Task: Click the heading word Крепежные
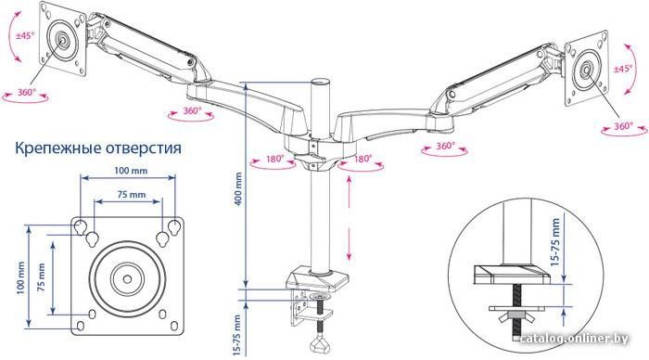[57, 148]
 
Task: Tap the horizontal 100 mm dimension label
[132, 171]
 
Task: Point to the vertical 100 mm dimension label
[20, 277]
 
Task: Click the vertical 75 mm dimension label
[42, 277]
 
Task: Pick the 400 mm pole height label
[238, 189]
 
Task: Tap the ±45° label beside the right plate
[623, 69]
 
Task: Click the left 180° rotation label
[274, 159]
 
